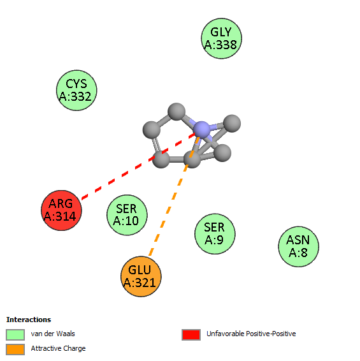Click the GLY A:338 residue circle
(x=222, y=38)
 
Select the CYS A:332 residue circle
(x=76, y=91)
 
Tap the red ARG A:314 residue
(x=61, y=210)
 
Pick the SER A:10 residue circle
(x=127, y=215)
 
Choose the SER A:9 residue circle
(x=215, y=233)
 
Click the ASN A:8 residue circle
(x=299, y=247)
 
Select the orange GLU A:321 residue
(x=141, y=276)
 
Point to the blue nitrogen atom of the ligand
(x=202, y=129)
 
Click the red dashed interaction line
(x=139, y=166)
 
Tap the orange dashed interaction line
(x=174, y=196)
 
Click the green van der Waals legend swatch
(x=15, y=334)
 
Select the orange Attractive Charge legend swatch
(x=15, y=350)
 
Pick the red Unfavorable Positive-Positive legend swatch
(x=191, y=334)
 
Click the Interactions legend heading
(x=29, y=320)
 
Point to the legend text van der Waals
(x=53, y=334)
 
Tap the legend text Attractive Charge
(x=58, y=349)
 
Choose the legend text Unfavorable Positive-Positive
(x=251, y=334)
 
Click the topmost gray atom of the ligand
(x=176, y=112)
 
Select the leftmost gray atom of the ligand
(x=152, y=130)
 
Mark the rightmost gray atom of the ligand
(x=232, y=123)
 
